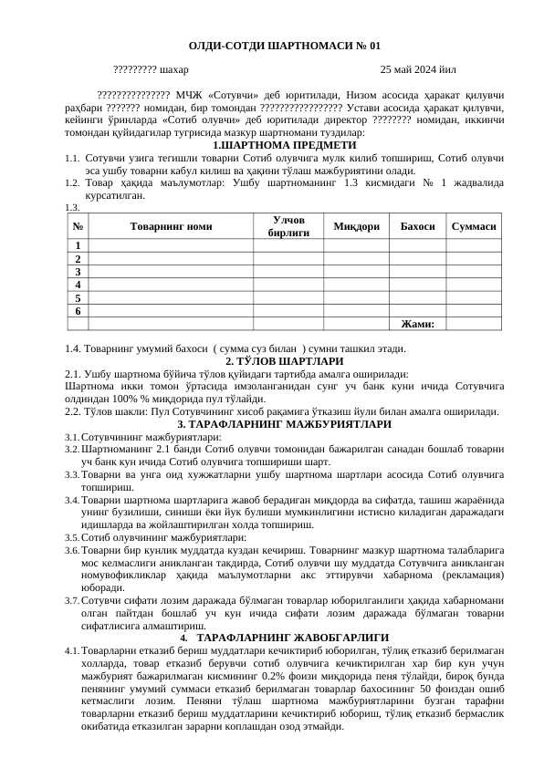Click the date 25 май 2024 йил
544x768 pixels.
[418, 69]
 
